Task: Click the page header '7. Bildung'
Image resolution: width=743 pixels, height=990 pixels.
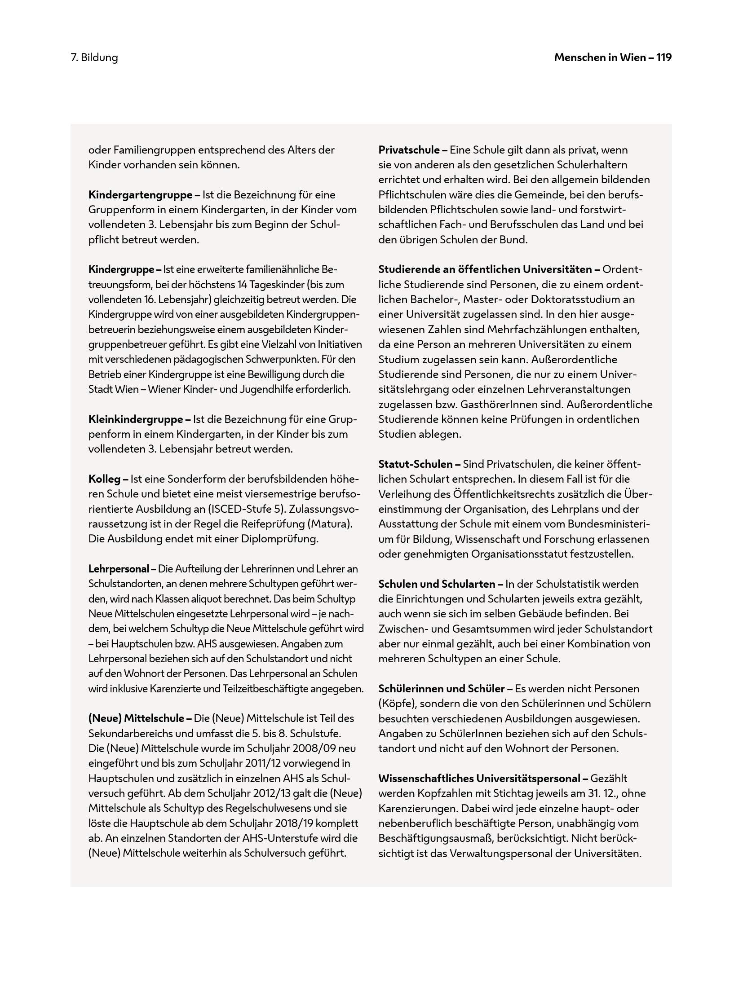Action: (x=94, y=57)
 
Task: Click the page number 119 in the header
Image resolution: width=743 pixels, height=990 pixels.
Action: (x=663, y=57)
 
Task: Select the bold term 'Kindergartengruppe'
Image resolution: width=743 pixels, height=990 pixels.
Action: (x=141, y=195)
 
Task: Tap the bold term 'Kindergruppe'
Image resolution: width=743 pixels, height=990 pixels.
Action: (x=121, y=269)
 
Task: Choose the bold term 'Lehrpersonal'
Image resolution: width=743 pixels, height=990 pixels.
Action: (x=119, y=569)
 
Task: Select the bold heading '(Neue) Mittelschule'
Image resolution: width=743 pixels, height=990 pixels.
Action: (x=137, y=718)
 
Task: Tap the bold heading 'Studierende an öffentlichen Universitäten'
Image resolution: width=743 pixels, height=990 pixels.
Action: (x=485, y=269)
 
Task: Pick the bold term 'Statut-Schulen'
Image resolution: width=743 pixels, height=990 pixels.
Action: (x=416, y=464)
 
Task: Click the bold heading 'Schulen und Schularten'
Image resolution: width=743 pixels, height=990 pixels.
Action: (x=437, y=584)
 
